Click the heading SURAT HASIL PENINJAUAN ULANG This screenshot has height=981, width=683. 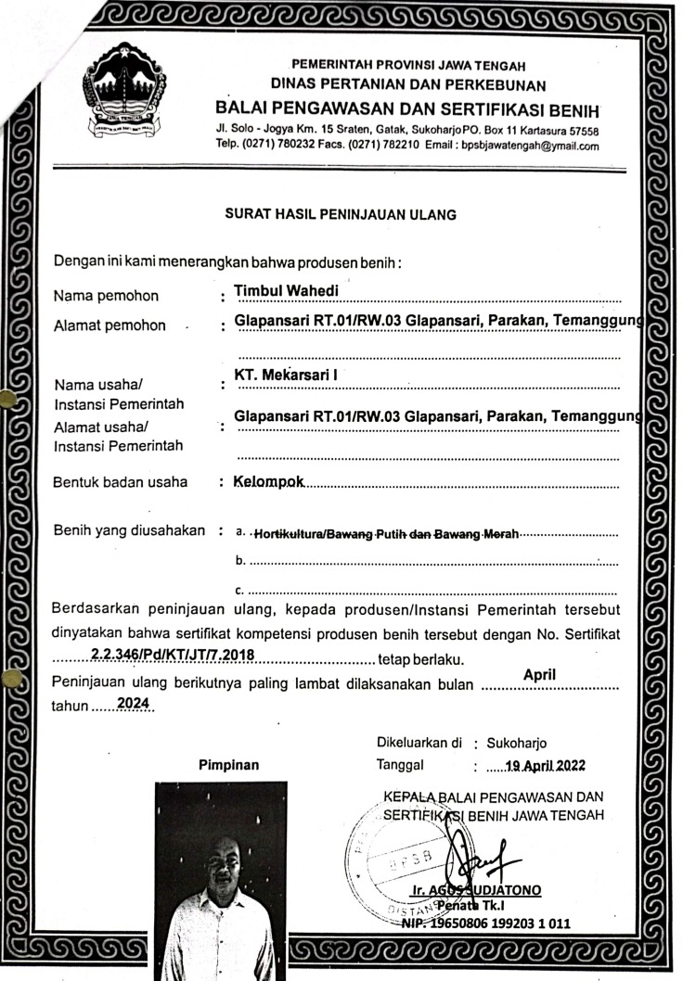coord(341,215)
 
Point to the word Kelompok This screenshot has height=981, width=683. coord(269,482)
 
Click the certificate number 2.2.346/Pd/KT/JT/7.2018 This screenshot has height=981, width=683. coord(172,655)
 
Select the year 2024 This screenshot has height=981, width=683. coord(134,703)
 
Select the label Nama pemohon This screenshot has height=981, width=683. coord(106,297)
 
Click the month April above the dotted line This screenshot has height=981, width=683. coord(539,675)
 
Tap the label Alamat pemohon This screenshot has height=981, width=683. coord(110,325)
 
